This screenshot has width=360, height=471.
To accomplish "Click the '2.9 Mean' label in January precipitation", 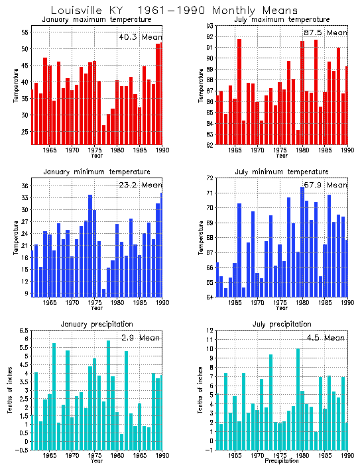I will click(x=140, y=338).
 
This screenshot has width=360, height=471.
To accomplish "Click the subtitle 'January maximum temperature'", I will click(x=97, y=20).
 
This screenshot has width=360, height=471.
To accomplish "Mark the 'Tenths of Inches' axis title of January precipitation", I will click(x=9, y=390).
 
